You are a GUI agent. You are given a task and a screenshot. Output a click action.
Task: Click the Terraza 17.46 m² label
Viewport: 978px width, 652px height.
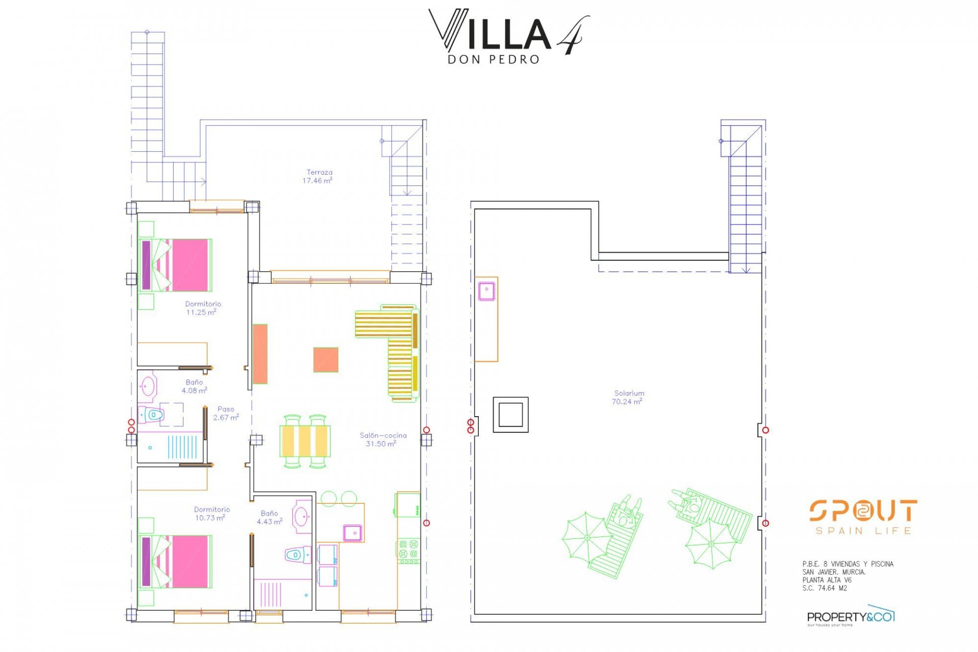(318, 176)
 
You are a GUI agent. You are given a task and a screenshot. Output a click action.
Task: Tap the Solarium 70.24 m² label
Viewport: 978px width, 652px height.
(628, 397)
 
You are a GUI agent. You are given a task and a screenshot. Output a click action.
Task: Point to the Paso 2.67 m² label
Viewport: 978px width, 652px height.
(226, 413)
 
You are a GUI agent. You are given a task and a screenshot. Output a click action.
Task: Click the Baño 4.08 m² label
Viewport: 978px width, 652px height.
(194, 387)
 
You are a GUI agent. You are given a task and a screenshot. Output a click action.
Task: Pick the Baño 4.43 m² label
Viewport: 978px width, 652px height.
(269, 518)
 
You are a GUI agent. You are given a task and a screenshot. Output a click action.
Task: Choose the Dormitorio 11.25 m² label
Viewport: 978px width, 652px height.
(203, 308)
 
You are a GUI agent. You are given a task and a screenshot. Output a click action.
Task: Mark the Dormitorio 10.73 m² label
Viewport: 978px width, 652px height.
(212, 513)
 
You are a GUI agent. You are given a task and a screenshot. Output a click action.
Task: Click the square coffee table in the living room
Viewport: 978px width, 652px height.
(326, 360)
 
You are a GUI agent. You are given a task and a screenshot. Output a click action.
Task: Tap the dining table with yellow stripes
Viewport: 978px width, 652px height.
(305, 441)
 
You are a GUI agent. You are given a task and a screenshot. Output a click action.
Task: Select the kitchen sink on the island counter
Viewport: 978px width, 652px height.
(352, 532)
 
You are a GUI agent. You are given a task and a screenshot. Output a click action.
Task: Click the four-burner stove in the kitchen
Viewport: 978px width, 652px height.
(408, 552)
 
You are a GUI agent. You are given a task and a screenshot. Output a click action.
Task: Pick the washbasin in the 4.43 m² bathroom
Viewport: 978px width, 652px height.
(303, 516)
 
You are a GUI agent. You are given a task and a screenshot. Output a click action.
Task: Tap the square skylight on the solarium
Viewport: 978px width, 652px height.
(510, 415)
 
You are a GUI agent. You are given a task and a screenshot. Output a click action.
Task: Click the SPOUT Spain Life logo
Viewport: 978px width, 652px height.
(863, 517)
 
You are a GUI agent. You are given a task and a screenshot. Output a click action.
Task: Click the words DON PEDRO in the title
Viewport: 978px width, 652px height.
(493, 60)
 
